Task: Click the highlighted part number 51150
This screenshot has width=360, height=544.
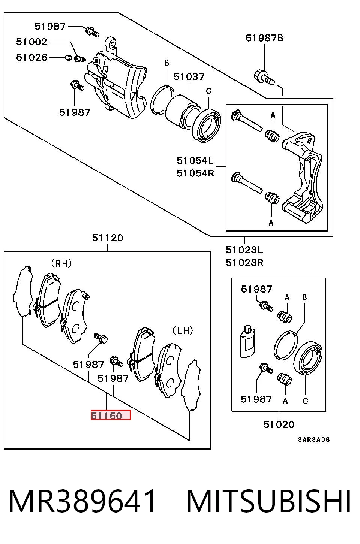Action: click(106, 416)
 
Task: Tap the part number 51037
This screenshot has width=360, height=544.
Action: click(189, 77)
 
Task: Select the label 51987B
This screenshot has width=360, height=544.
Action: click(264, 38)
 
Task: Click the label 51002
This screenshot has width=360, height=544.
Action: click(31, 42)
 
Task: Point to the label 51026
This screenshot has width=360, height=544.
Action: click(31, 57)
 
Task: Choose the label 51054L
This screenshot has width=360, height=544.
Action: click(195, 160)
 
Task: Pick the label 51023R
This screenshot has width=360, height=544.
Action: click(244, 263)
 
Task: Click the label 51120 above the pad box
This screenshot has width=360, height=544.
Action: click(108, 238)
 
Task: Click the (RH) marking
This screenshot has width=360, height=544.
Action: click(61, 263)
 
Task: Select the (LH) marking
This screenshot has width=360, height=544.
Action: click(183, 330)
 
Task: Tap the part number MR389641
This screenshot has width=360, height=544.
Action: click(82, 501)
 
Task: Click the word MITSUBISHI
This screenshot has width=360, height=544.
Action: click(268, 501)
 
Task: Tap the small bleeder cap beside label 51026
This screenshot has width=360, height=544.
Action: click(69, 58)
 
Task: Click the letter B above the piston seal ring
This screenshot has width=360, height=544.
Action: click(166, 63)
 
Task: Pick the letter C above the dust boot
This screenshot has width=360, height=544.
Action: click(208, 91)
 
